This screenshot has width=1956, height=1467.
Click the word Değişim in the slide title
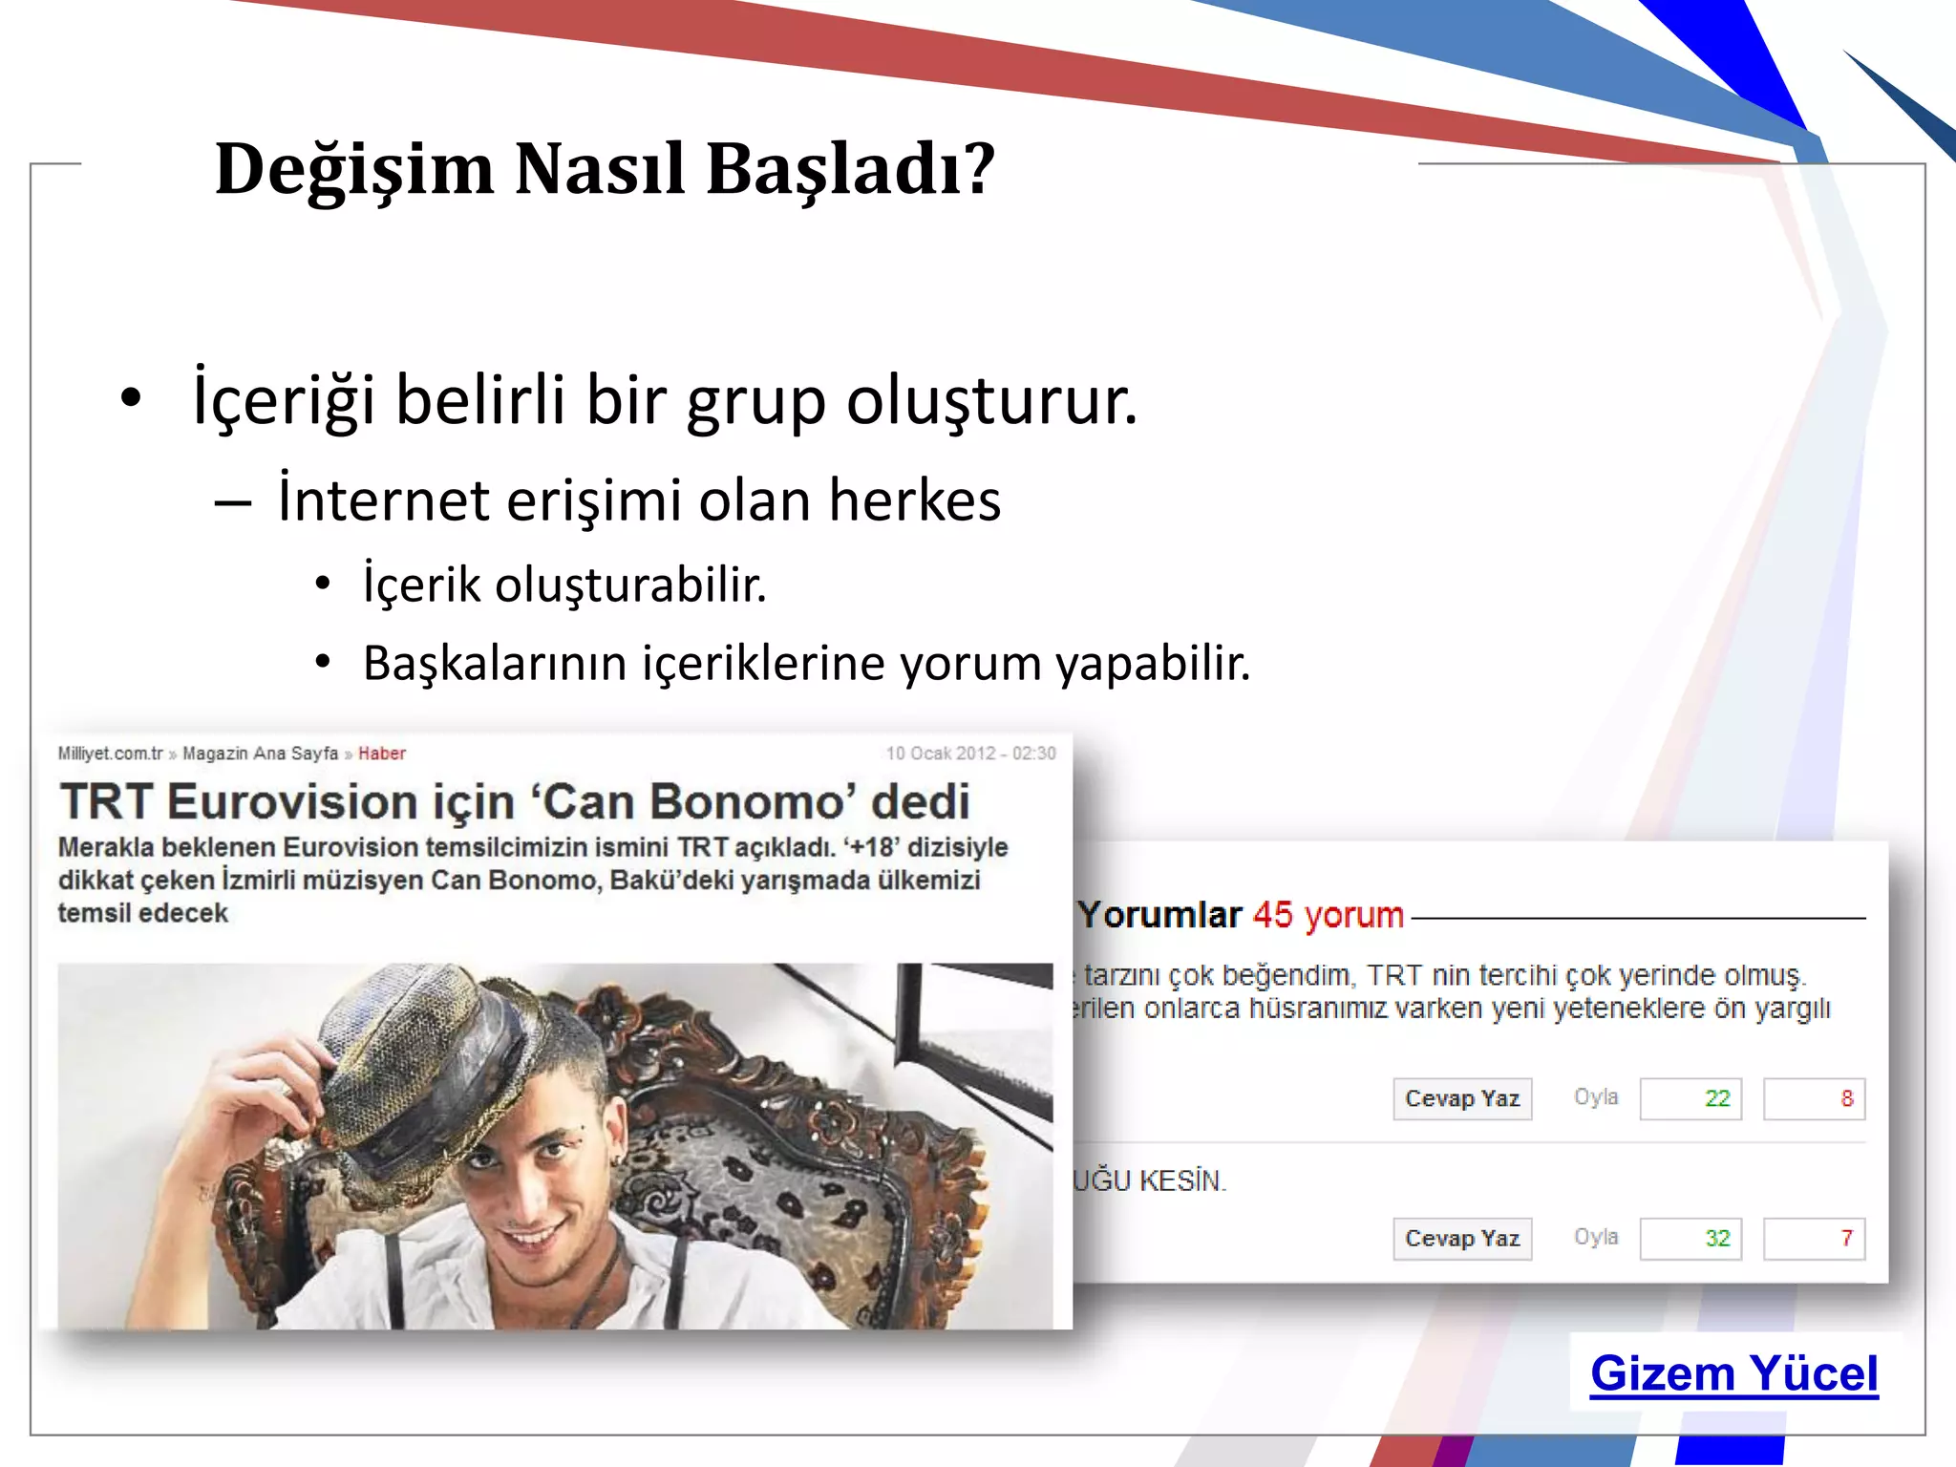pyautogui.click(x=354, y=170)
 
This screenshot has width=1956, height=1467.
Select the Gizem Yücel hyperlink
pyautogui.click(x=1733, y=1374)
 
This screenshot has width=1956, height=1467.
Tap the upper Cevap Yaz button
pyautogui.click(x=1462, y=1098)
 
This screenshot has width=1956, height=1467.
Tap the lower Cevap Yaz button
pyautogui.click(x=1462, y=1239)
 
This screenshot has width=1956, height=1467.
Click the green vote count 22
pyautogui.click(x=1716, y=1098)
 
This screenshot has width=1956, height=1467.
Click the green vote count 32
pyautogui.click(x=1716, y=1239)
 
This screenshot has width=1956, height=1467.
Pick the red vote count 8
pyautogui.click(x=1846, y=1098)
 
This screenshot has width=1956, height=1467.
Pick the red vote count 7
pyautogui.click(x=1846, y=1239)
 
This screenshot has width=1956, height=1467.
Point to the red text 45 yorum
pyautogui.click(x=1328, y=915)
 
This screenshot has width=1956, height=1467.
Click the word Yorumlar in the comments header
pyautogui.click(x=1159, y=915)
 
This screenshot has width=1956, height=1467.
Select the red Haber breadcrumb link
pyautogui.click(x=382, y=754)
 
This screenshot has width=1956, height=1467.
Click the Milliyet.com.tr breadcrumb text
pyautogui.click(x=111, y=754)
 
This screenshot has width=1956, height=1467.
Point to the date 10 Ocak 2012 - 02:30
pyautogui.click(x=970, y=754)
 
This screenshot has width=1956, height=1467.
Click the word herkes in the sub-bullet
pyautogui.click(x=914, y=500)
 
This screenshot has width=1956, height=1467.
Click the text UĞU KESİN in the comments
pyautogui.click(x=1150, y=1181)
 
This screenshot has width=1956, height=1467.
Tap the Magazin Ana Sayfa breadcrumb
pyautogui.click(x=260, y=754)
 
